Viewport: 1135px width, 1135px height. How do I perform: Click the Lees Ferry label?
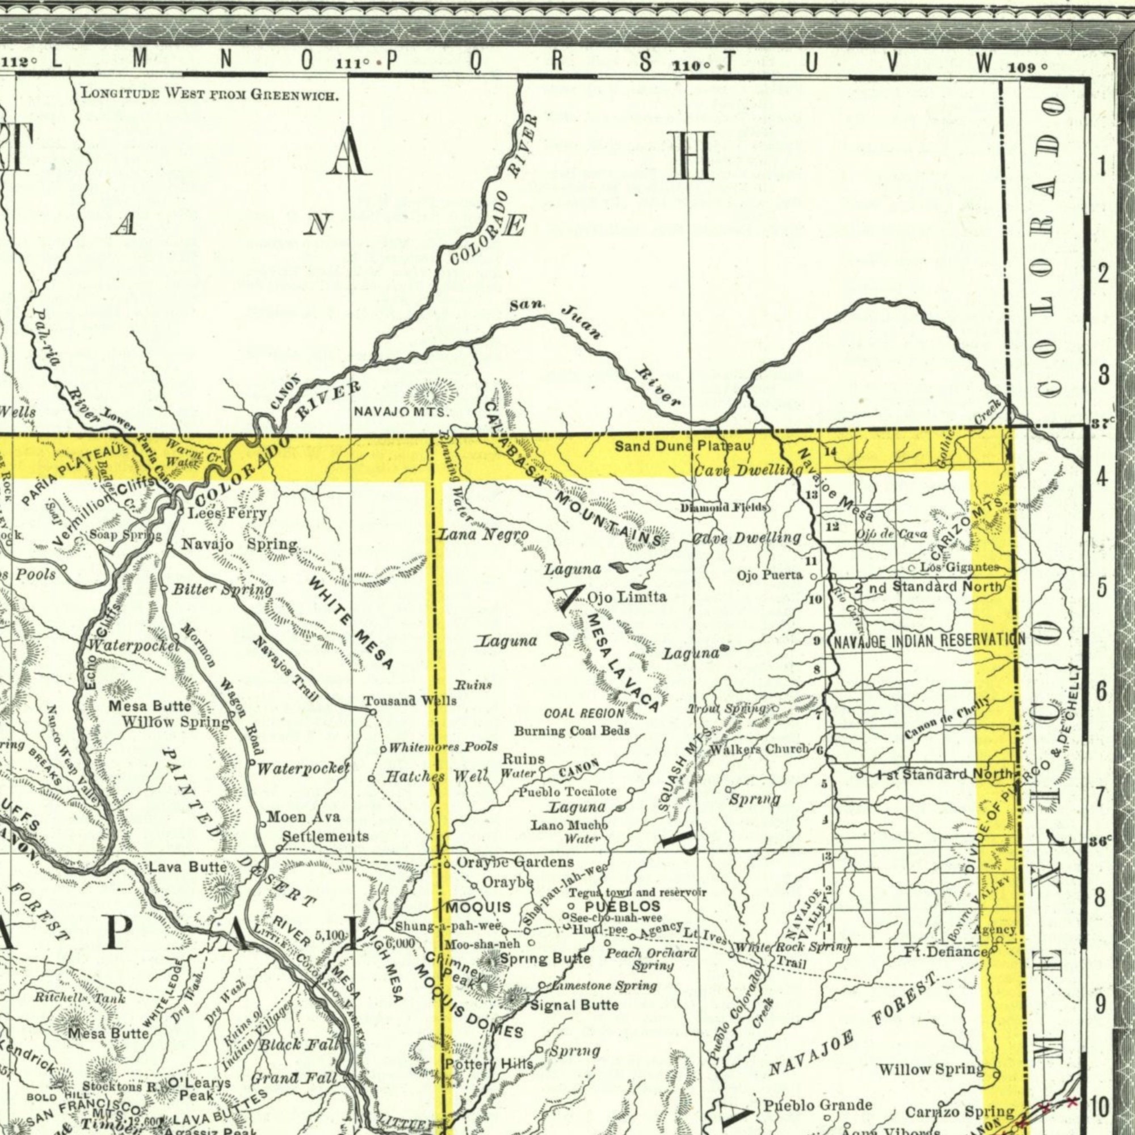coord(227,514)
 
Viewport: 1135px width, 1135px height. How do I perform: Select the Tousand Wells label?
coord(410,701)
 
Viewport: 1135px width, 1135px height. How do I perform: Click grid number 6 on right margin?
coord(1103,691)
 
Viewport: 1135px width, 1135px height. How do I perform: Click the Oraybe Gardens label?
coord(515,863)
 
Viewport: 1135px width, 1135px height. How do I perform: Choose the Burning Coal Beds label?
coord(571,731)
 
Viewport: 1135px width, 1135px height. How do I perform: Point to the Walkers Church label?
coord(759,750)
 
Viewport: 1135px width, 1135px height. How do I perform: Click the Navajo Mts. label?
coord(402,413)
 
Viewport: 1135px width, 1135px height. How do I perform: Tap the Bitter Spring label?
coord(222,589)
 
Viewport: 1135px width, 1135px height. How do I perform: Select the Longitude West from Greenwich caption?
coord(209,94)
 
